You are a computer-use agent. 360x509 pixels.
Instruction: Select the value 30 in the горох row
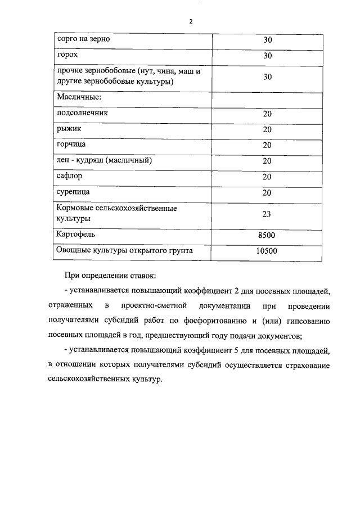[x=267, y=56]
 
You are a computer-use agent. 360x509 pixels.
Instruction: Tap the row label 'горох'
[x=67, y=56]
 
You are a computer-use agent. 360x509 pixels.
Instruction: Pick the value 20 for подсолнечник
[x=267, y=114]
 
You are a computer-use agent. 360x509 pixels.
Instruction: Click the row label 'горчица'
[x=71, y=145]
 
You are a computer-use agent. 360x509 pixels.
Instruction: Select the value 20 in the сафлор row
[x=267, y=177]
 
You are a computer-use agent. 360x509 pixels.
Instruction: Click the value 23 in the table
[x=267, y=213]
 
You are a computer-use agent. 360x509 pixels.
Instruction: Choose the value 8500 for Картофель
[x=267, y=235]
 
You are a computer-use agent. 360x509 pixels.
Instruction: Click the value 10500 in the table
[x=267, y=251]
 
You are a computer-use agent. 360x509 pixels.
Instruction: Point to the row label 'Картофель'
[x=75, y=234]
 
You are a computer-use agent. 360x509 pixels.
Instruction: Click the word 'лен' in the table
[x=63, y=160]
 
